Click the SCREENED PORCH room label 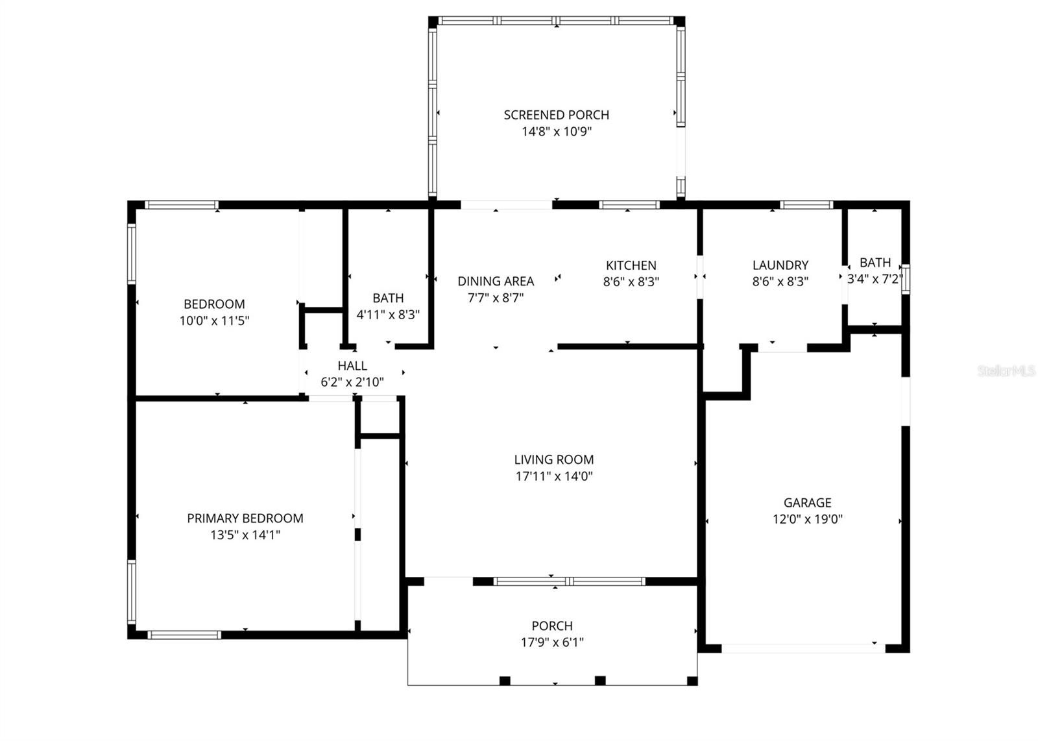[x=556, y=115]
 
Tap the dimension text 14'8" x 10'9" [x=556, y=132]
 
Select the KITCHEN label [x=631, y=265]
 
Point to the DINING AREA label [x=496, y=281]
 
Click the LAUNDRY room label [x=780, y=265]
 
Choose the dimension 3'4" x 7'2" [x=875, y=280]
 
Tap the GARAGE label [x=807, y=502]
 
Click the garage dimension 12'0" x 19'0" [x=807, y=519]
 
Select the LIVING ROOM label [x=553, y=459]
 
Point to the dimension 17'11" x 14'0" [x=553, y=476]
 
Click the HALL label [x=352, y=365]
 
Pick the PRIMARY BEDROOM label [x=245, y=518]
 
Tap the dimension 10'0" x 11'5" [x=214, y=321]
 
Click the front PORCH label [x=552, y=626]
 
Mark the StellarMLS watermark [x=1006, y=371]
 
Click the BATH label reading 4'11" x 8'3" [x=388, y=298]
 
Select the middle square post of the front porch [x=600, y=680]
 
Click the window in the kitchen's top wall [x=629, y=205]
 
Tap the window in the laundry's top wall [x=806, y=205]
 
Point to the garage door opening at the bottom [x=803, y=648]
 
